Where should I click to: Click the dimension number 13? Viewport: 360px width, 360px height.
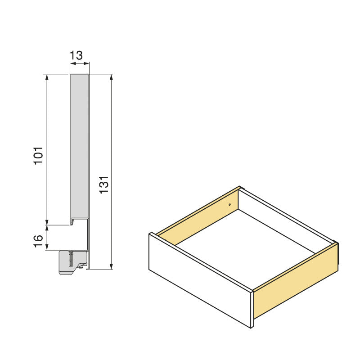click(76, 56)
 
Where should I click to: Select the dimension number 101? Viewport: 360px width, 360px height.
click(39, 155)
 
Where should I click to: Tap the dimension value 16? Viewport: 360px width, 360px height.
click(39, 240)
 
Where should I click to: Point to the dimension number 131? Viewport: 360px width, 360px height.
click(104, 185)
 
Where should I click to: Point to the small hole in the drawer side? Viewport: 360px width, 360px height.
click(229, 205)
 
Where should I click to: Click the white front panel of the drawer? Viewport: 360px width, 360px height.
click(198, 279)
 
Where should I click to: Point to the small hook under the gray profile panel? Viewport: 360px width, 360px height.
click(72, 222)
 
